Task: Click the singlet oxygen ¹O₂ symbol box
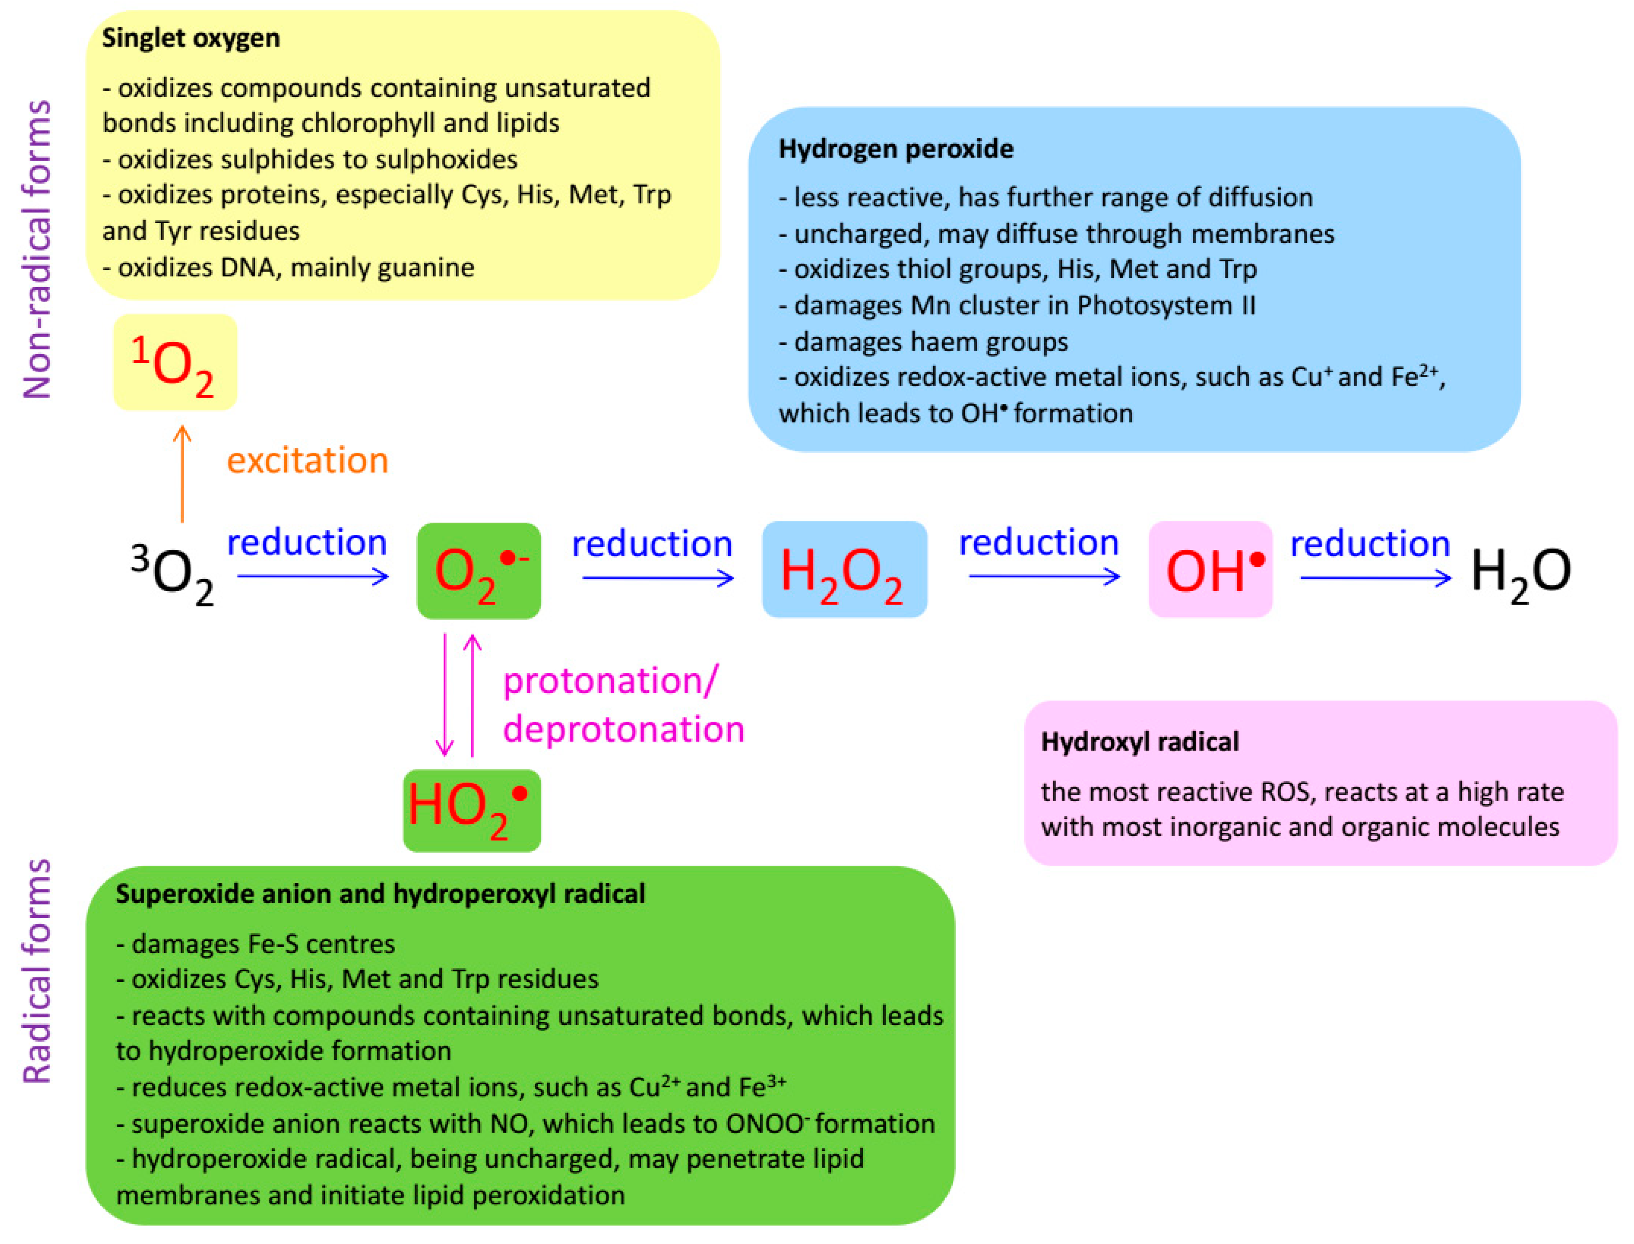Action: tap(175, 362)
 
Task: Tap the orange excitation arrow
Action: tap(182, 474)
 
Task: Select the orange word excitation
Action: tap(307, 461)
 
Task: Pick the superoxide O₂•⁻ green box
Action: tap(479, 570)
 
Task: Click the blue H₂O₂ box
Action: tap(845, 569)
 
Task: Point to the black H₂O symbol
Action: tap(1521, 575)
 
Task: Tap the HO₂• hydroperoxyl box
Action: tap(472, 811)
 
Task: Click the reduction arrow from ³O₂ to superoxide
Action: tap(313, 576)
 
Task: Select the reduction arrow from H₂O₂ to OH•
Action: tap(1045, 576)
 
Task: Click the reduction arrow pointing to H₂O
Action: tap(1376, 577)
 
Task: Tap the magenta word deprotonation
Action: tap(624, 729)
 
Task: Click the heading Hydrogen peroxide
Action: tap(896, 149)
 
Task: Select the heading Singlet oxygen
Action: tap(191, 38)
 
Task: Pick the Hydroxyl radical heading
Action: tap(1140, 741)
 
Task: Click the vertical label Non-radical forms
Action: tap(37, 249)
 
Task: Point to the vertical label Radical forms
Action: tap(37, 972)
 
